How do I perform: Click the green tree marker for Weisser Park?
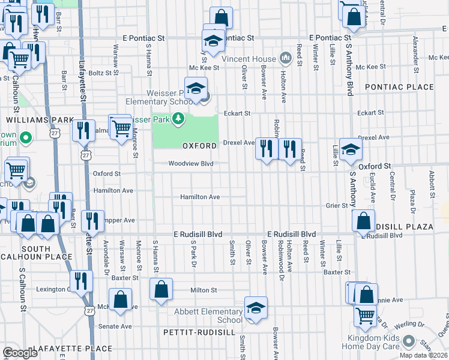(178, 119)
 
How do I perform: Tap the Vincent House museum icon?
(285, 59)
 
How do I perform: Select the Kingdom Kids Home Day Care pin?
(409, 341)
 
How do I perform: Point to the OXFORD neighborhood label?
(199, 146)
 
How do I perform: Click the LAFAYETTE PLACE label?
(72, 348)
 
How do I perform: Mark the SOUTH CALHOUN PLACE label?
(38, 253)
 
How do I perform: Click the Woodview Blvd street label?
(191, 163)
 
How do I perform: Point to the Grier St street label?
(337, 205)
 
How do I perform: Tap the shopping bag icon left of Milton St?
(161, 290)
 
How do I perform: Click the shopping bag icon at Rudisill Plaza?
(364, 221)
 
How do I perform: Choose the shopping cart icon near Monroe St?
(122, 127)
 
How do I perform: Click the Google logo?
(20, 353)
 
